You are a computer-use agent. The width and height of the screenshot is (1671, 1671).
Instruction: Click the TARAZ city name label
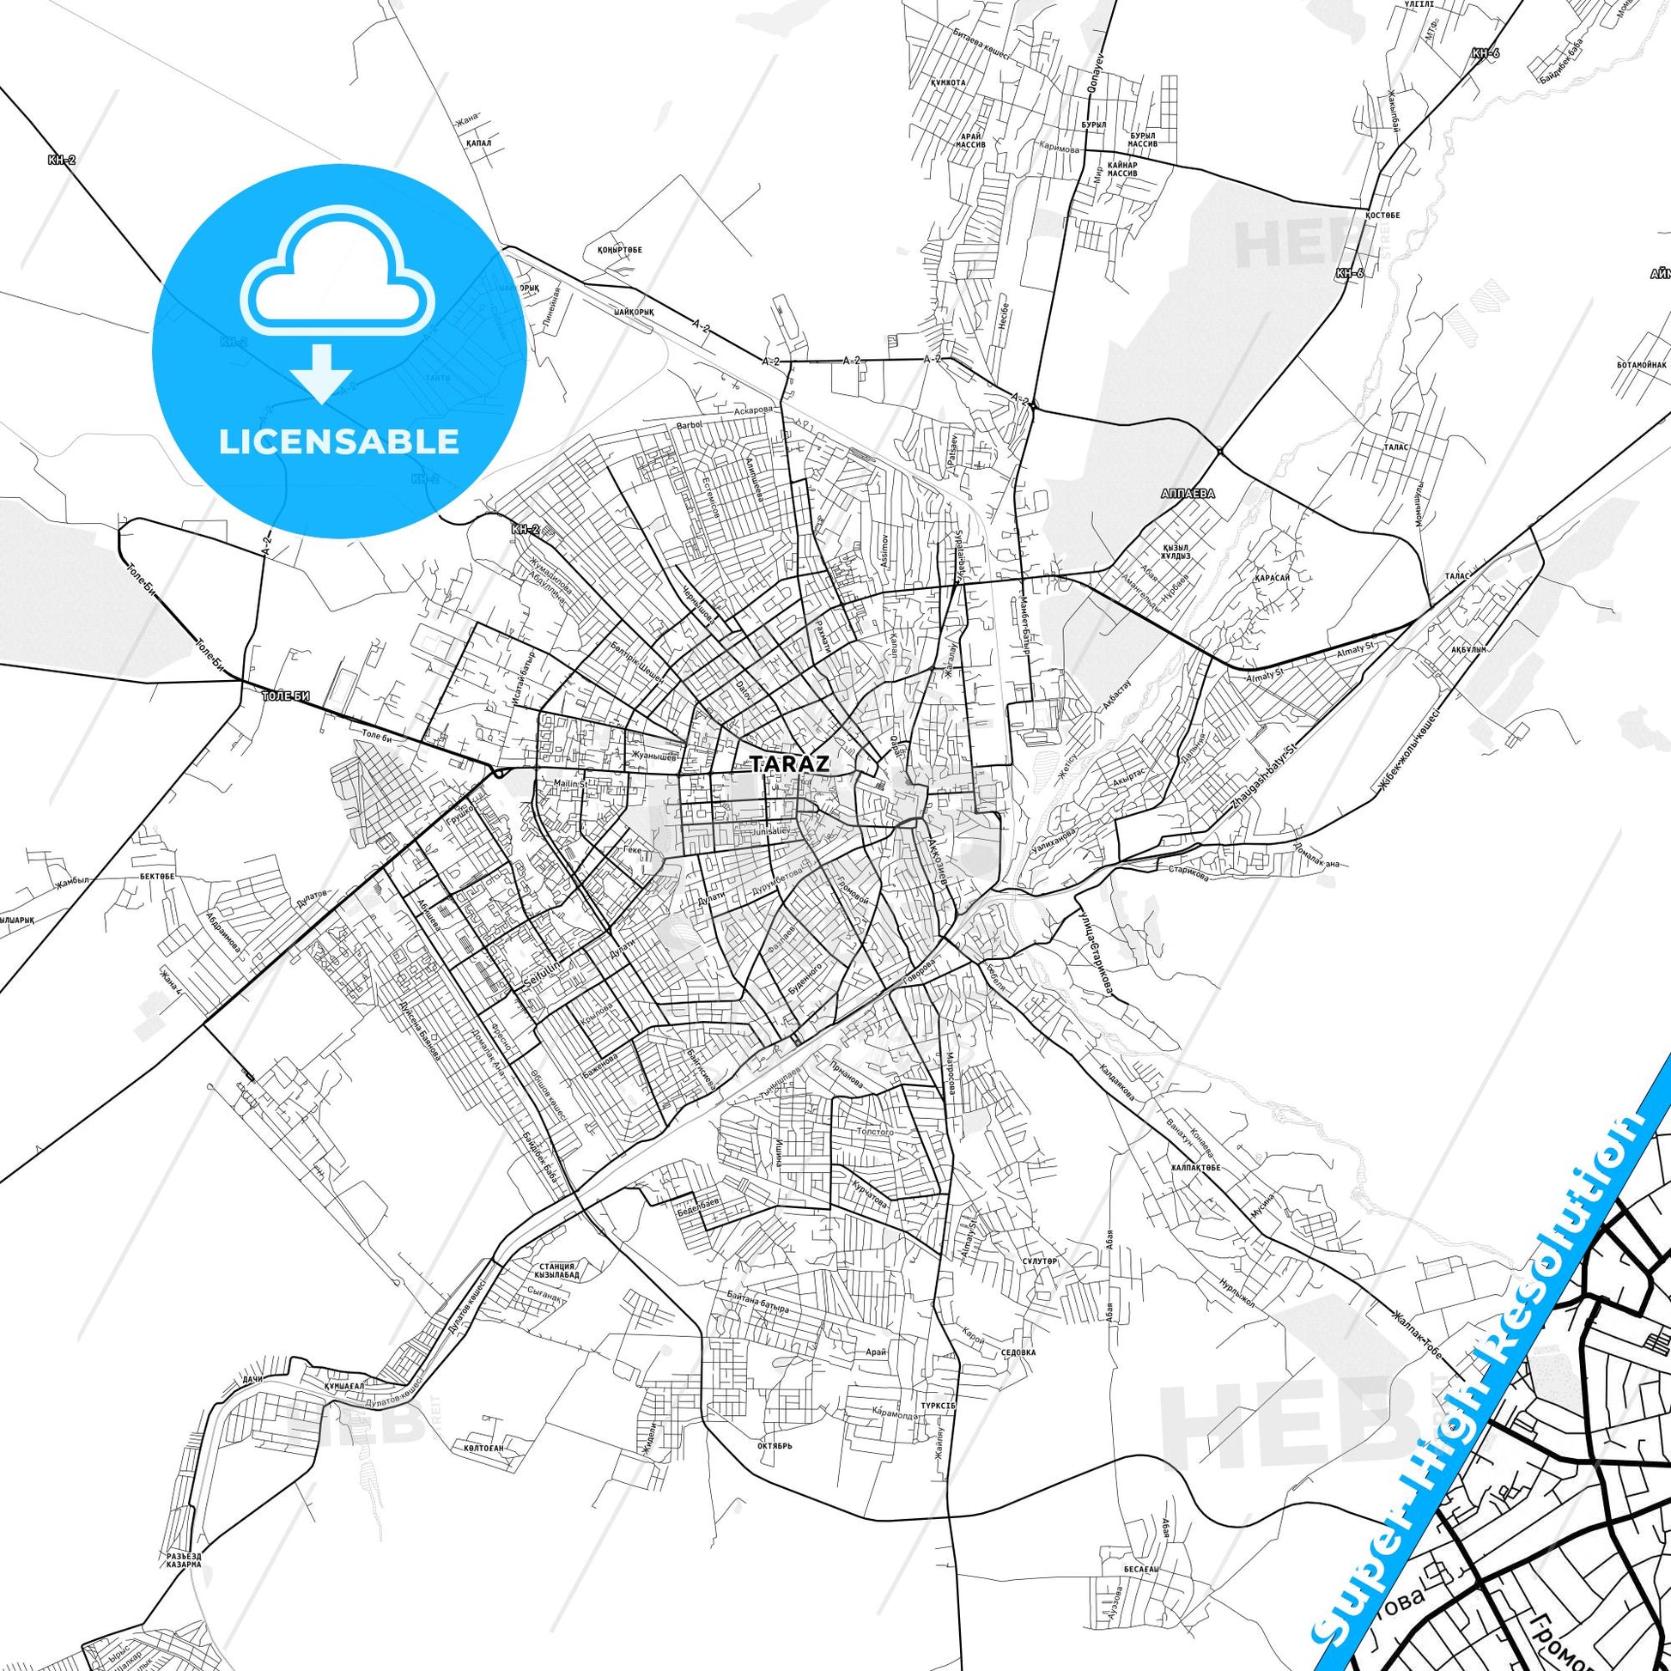pyautogui.click(x=790, y=763)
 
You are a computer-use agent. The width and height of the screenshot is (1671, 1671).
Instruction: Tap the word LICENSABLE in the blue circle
pyautogui.click(x=338, y=441)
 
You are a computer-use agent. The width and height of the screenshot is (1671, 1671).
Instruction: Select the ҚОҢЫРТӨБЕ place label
pyautogui.click(x=620, y=250)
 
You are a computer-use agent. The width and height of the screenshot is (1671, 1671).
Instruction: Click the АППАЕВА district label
pyautogui.click(x=1188, y=494)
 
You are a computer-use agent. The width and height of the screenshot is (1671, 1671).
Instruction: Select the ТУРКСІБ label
pyautogui.click(x=938, y=1407)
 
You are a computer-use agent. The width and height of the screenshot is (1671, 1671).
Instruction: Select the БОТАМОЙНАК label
pyautogui.click(x=1641, y=366)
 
